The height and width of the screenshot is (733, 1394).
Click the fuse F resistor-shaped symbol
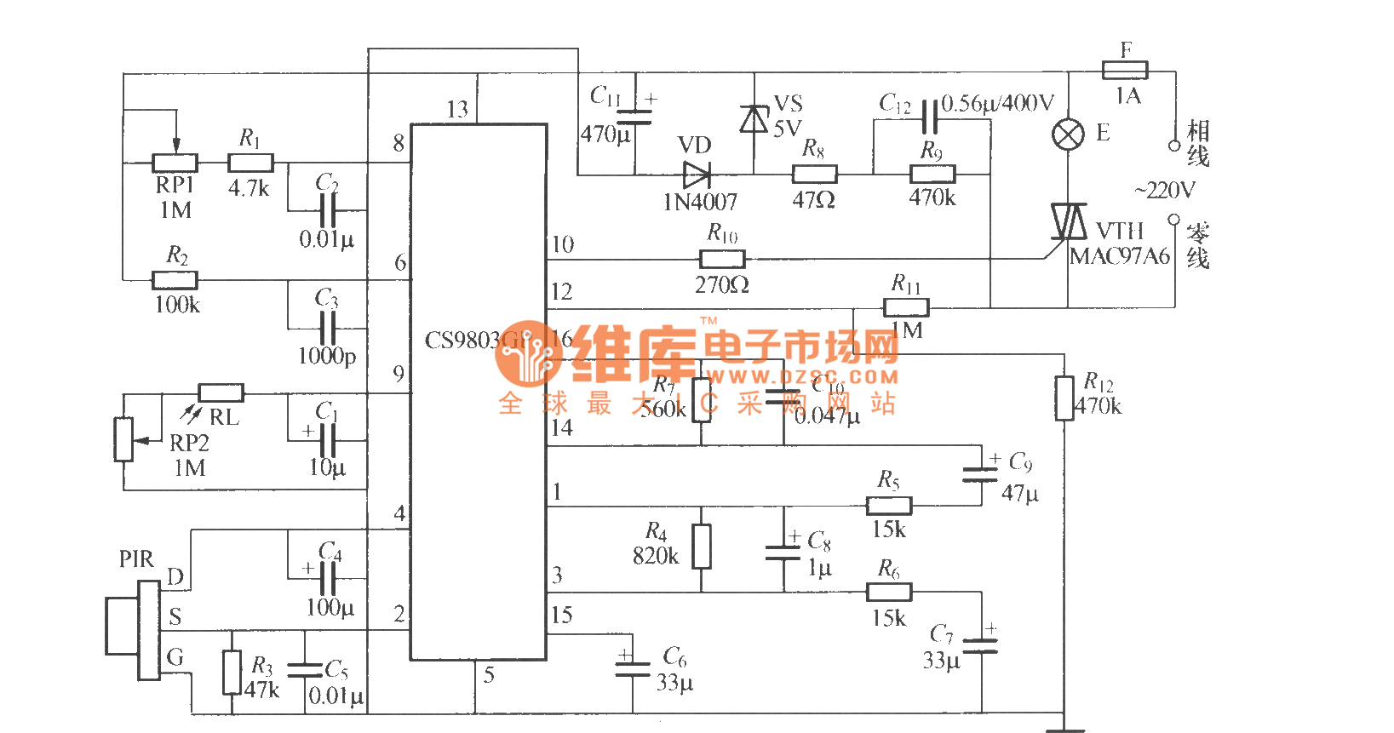[1124, 71]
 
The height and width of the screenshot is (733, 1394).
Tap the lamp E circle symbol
[1069, 135]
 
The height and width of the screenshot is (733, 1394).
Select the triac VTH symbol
[1069, 222]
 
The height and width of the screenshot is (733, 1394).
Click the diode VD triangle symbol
[697, 175]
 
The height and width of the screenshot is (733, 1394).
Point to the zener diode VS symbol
[754, 119]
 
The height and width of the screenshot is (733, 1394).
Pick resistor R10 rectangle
[722, 259]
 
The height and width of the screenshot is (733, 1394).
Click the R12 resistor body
[1064, 398]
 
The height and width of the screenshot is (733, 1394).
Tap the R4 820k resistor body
[701, 546]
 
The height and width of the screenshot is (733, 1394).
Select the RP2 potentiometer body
[124, 439]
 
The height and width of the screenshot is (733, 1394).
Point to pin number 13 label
[457, 109]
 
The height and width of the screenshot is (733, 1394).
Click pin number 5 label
[489, 675]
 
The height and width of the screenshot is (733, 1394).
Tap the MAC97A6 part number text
[1119, 257]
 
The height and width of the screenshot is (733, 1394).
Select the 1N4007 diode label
[700, 202]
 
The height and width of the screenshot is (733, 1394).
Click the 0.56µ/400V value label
[997, 104]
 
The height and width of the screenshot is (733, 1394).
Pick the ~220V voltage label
[1164, 190]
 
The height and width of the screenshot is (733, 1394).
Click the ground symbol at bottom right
[1064, 728]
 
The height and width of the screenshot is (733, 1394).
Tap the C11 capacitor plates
[634, 117]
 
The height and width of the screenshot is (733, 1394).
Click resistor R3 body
[232, 673]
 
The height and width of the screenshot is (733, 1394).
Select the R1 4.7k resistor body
[250, 163]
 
